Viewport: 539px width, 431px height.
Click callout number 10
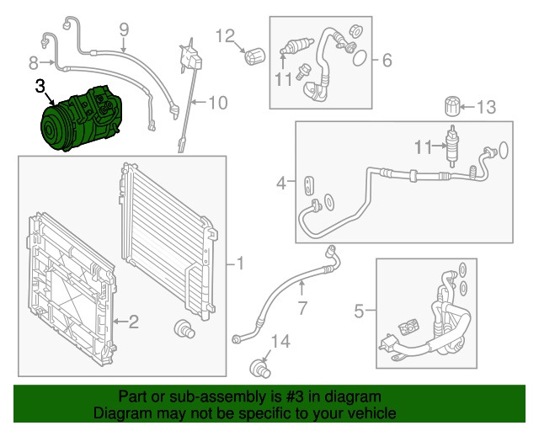(x=217, y=104)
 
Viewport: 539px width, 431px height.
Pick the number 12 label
(x=225, y=35)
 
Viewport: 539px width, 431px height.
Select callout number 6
(x=387, y=61)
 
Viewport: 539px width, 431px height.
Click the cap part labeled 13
(x=453, y=108)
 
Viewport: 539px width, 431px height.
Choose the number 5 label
(x=359, y=312)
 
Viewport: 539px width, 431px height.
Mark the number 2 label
(x=134, y=320)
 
